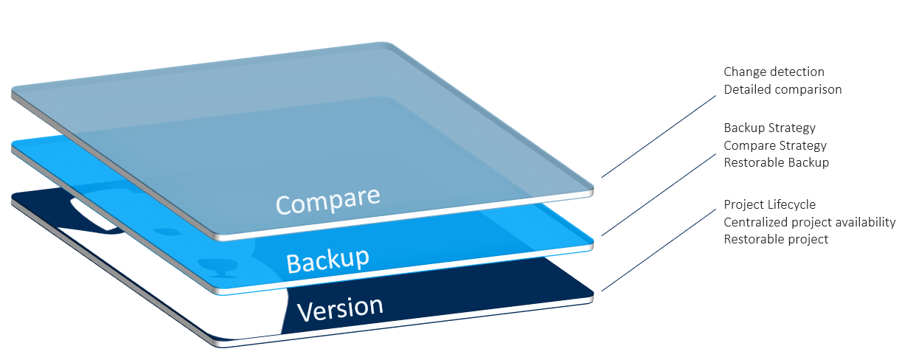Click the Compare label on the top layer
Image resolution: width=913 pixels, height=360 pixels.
328,199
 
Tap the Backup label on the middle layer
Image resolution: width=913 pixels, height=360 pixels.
327,258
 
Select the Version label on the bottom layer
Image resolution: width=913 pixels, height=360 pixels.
340,308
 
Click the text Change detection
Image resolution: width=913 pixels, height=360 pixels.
774,72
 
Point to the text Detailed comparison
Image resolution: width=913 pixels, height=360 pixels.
782,89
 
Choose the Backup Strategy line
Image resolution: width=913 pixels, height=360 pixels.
769,128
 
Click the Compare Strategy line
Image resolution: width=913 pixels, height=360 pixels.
775,145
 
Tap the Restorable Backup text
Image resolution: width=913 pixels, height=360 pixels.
777,162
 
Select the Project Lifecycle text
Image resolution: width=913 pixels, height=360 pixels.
770,204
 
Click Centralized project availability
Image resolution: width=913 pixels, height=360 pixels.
810,222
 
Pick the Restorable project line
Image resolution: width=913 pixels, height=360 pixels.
776,239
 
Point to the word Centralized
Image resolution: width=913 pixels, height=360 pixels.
755,222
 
